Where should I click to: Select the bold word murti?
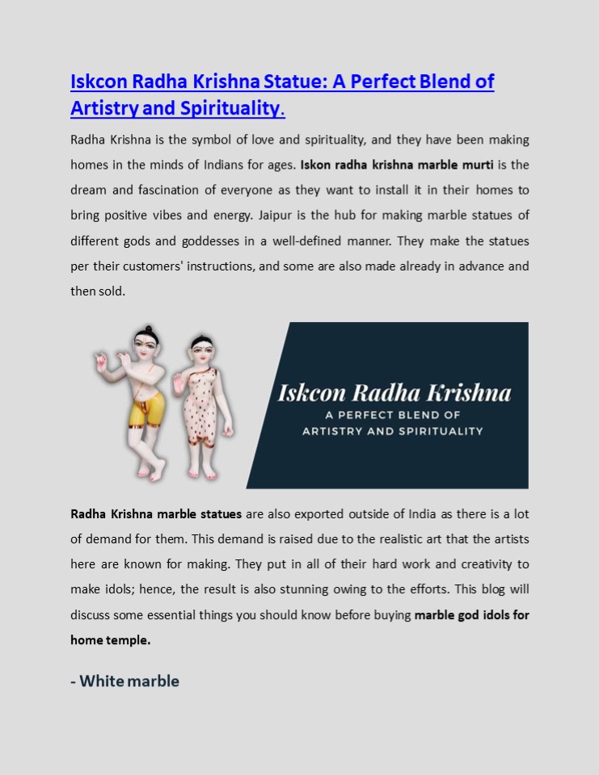pos(475,165)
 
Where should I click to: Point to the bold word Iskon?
pos(316,165)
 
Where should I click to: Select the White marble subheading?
pos(124,681)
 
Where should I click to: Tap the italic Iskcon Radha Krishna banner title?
pos(394,393)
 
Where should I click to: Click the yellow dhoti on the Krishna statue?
pos(146,408)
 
